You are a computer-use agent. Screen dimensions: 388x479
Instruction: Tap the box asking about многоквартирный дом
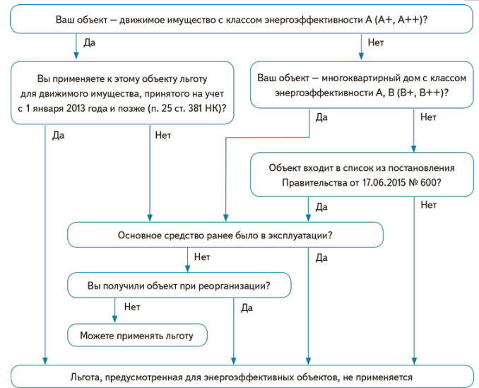361,84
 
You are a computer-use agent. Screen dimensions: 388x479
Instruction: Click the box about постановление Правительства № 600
361,175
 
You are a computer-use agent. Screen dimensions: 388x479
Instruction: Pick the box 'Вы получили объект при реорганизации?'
179,286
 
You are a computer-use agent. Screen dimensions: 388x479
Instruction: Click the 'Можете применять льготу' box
137,335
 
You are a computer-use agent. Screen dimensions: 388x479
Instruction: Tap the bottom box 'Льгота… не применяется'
241,377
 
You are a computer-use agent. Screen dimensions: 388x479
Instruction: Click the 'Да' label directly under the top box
90,42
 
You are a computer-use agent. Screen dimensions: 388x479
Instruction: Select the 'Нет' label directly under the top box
376,42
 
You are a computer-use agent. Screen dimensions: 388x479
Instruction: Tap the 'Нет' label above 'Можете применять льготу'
131,307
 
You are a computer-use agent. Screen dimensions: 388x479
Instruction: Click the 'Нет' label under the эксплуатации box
202,257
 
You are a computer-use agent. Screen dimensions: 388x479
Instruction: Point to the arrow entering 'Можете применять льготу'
114,316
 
